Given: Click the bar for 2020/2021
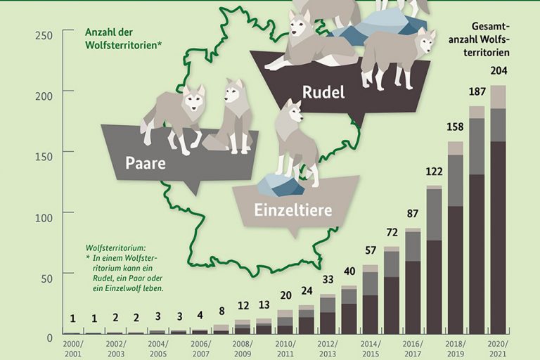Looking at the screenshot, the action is tap(498, 211).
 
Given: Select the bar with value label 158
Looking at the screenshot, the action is tap(456, 239).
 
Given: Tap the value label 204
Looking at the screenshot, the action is tap(498, 71).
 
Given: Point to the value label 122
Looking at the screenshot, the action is tap(434, 171).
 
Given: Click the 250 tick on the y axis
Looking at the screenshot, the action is tap(44, 36).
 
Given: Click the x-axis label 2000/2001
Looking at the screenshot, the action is tap(72, 349).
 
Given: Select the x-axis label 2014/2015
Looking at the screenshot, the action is tap(370, 349).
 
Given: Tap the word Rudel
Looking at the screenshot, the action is tap(323, 92).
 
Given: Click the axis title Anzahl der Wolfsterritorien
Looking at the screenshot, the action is tap(124, 39).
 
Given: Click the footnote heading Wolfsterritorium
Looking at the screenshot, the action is tap(115, 248).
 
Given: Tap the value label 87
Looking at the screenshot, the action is tap(413, 213).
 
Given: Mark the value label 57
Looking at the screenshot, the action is tap(370, 250).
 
